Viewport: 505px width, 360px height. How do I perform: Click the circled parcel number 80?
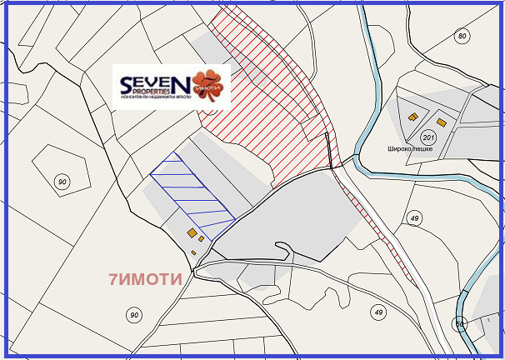[462, 36]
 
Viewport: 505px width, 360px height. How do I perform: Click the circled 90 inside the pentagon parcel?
[62, 182]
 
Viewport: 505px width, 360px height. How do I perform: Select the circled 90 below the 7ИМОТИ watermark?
[133, 314]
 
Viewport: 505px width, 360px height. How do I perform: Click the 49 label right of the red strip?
[413, 217]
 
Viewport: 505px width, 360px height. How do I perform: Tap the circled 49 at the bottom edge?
[379, 312]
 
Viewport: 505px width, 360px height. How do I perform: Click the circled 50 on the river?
[459, 324]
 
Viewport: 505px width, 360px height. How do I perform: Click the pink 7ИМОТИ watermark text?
[145, 280]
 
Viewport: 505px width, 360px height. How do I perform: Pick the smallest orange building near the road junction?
[193, 252]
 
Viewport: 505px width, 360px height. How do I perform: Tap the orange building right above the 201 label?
[442, 122]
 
